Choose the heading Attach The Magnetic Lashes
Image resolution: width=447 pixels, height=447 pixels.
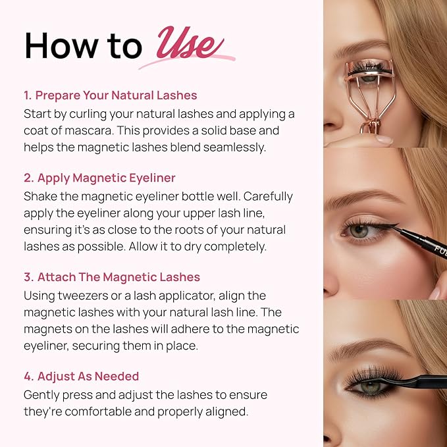tap(112, 278)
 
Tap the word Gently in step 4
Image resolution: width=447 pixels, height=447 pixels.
tap(43, 395)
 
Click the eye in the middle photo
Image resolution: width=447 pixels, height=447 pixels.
tap(361, 231)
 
